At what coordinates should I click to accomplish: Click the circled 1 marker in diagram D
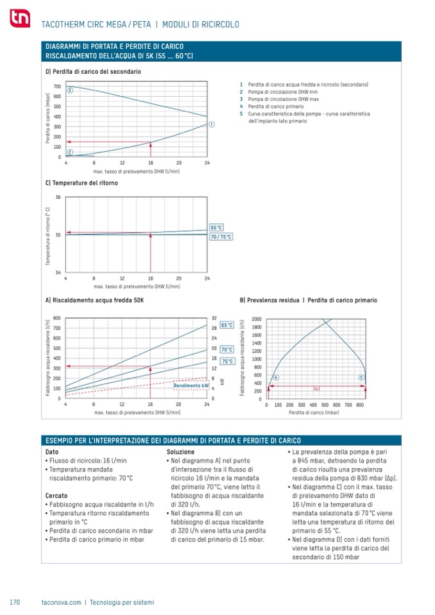point(212,124)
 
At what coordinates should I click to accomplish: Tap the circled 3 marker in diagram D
point(70,90)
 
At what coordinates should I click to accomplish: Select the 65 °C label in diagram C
point(217,228)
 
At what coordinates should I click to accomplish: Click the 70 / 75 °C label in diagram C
point(221,237)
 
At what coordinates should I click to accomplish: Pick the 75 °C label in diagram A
point(226,361)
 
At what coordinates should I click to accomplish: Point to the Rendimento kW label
point(192,385)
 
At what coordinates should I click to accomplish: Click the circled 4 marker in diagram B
point(276,378)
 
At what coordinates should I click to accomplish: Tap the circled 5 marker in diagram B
point(361,378)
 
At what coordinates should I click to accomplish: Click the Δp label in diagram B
point(316,389)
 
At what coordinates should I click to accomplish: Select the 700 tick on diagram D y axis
point(57,86)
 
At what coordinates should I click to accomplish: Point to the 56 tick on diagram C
point(58,197)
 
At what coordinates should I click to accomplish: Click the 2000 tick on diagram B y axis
point(257,319)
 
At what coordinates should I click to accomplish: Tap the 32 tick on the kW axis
point(214,318)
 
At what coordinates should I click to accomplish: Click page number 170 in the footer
point(15,602)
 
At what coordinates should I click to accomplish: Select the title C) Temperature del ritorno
point(81,183)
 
